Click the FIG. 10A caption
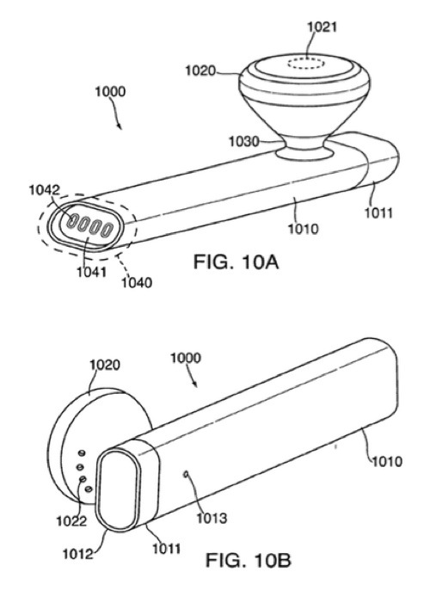coord(236,262)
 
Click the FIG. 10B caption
coord(248,560)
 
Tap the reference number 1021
coord(322,27)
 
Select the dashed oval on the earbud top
coord(306,64)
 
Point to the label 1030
coord(243,141)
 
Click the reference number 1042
coord(45,190)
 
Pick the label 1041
coord(91,272)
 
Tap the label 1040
coord(137,282)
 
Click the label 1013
coord(212,518)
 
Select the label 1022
coord(72,521)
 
